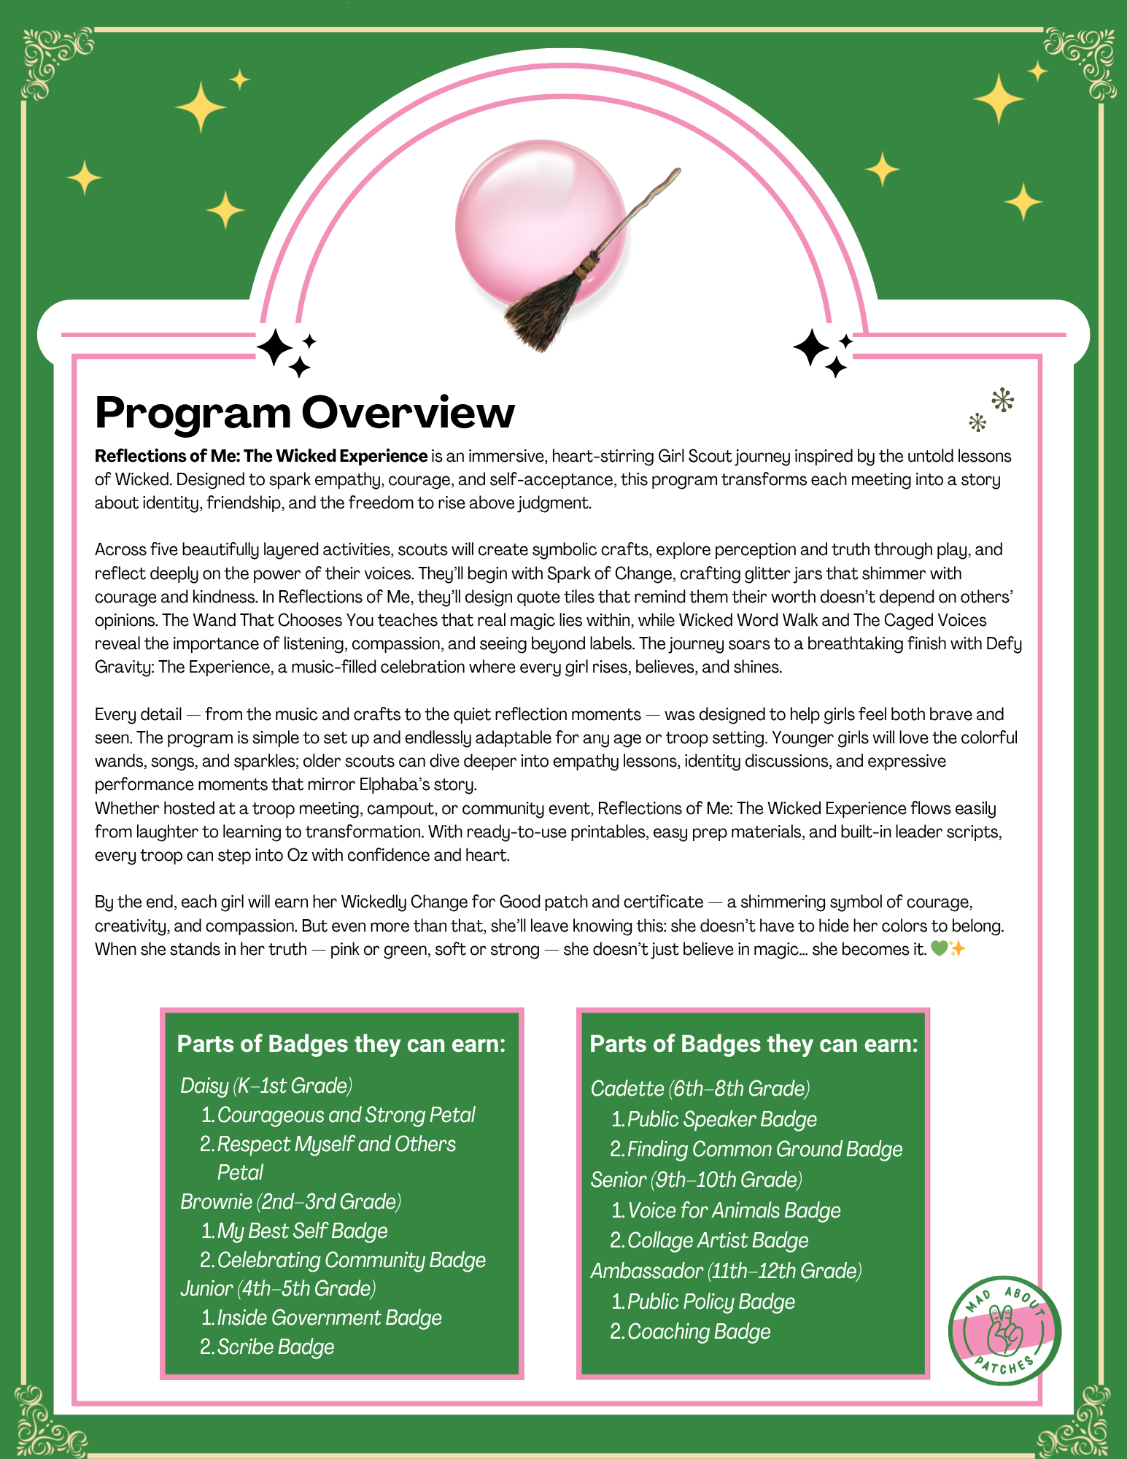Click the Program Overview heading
click(305, 413)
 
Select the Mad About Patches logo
click(1004, 1331)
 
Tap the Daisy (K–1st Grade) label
click(266, 1085)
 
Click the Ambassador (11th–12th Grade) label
click(726, 1271)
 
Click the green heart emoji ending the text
click(939, 949)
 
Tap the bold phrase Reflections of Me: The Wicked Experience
click(261, 456)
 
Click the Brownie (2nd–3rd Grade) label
click(290, 1201)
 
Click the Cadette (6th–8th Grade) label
click(700, 1088)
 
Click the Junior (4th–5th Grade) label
click(278, 1288)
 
